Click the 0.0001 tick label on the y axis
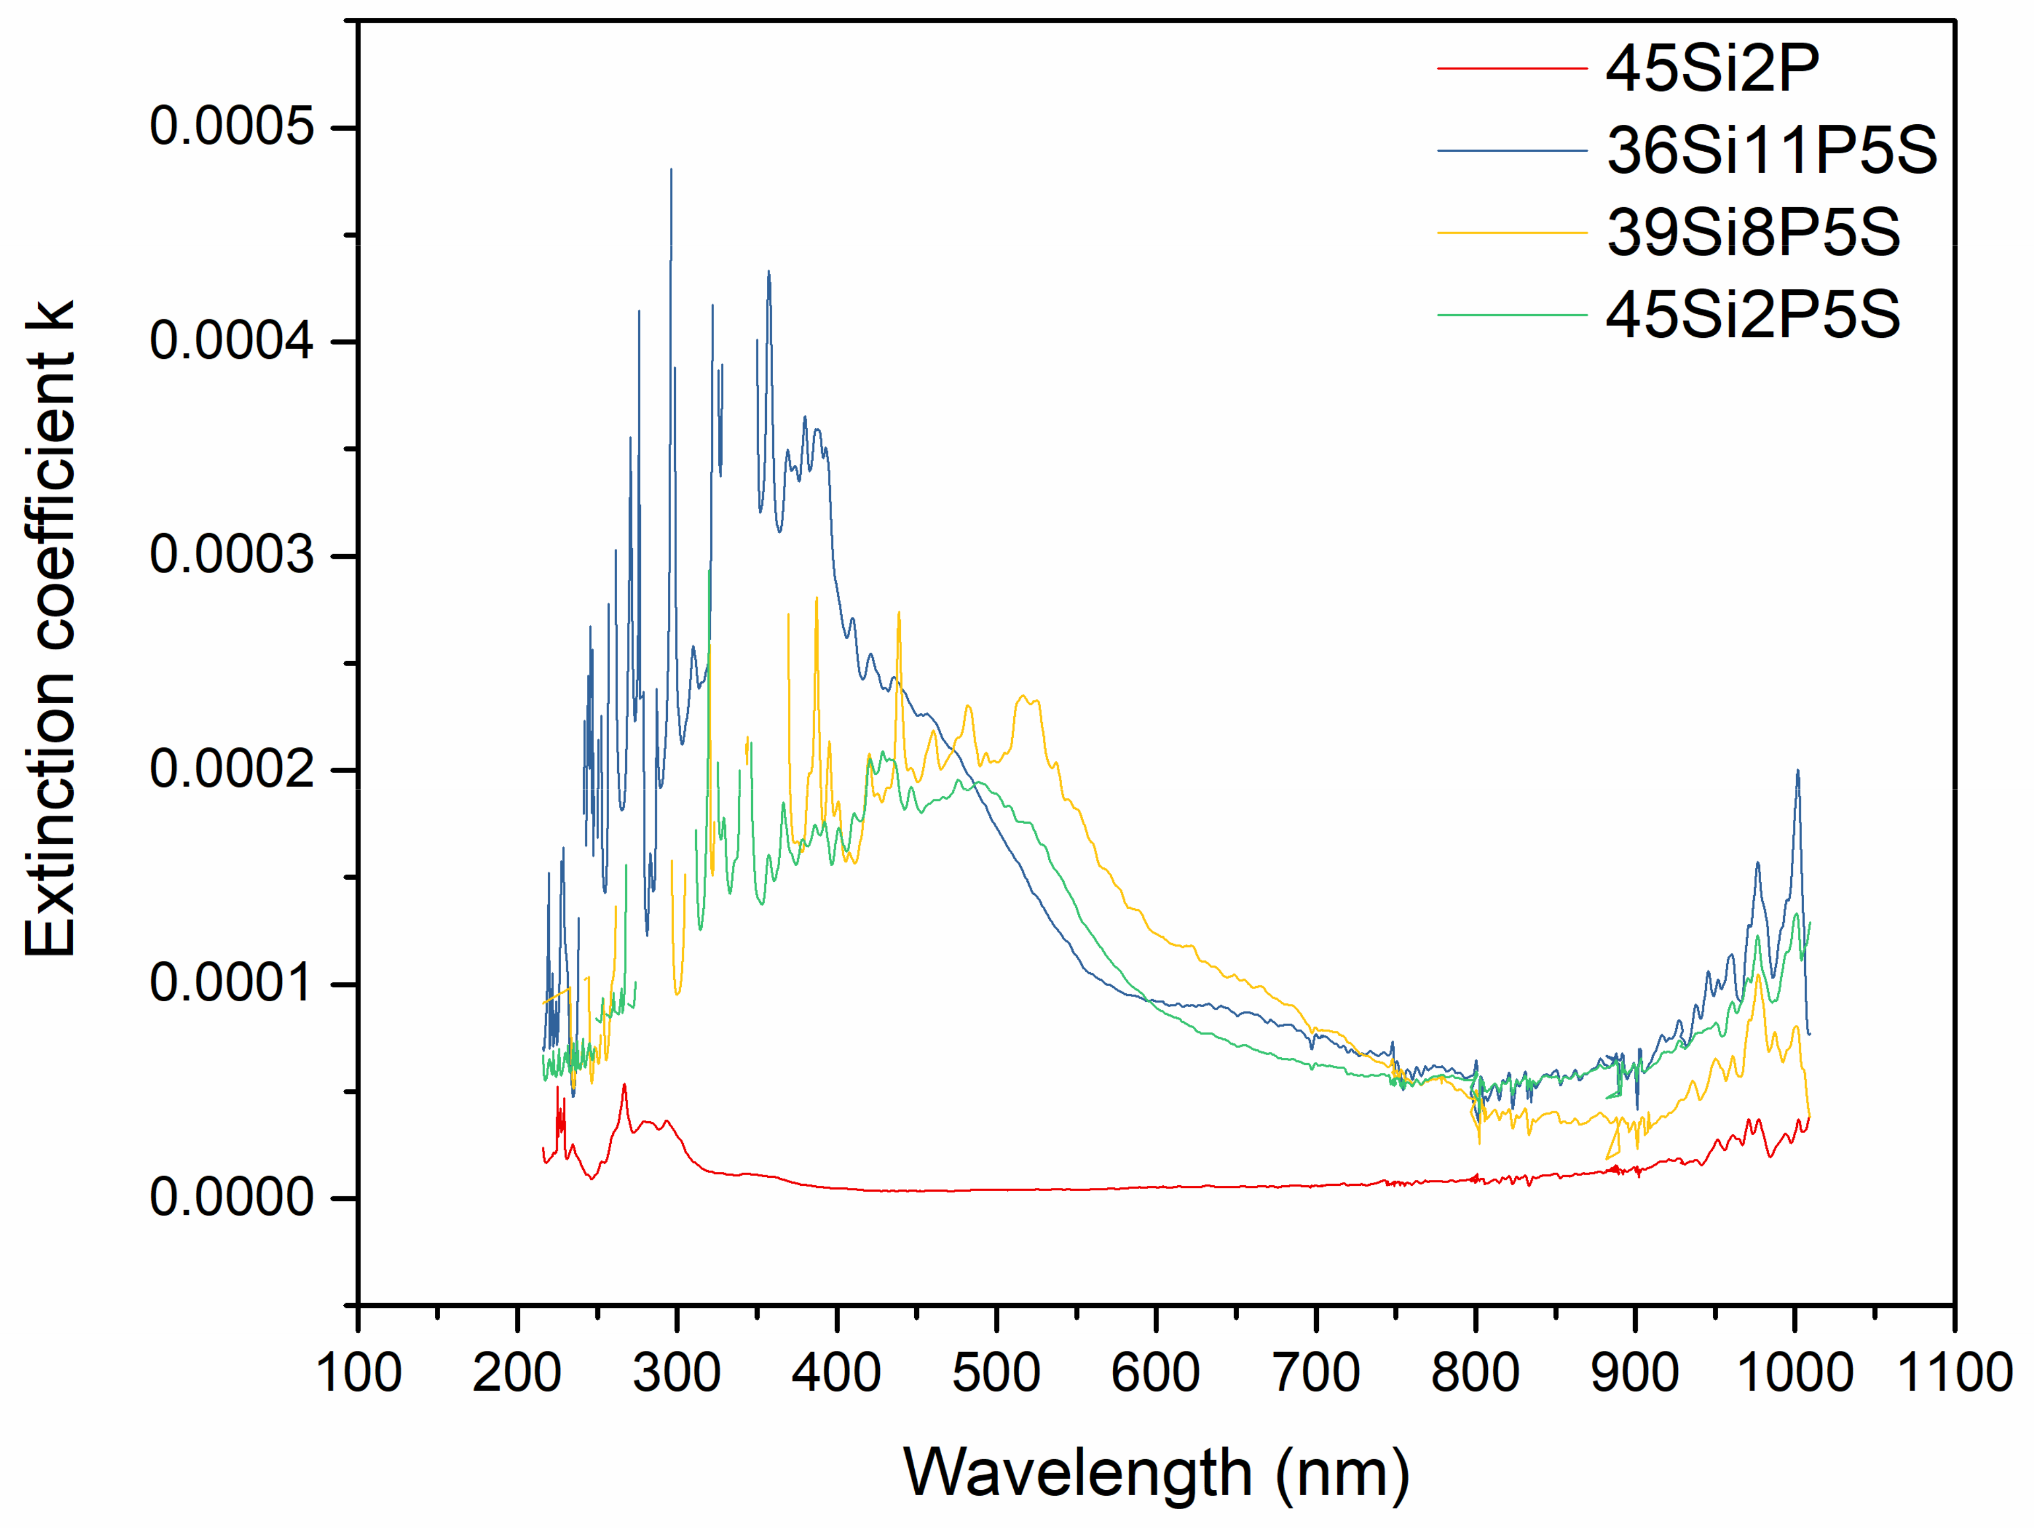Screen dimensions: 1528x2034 pos(232,983)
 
